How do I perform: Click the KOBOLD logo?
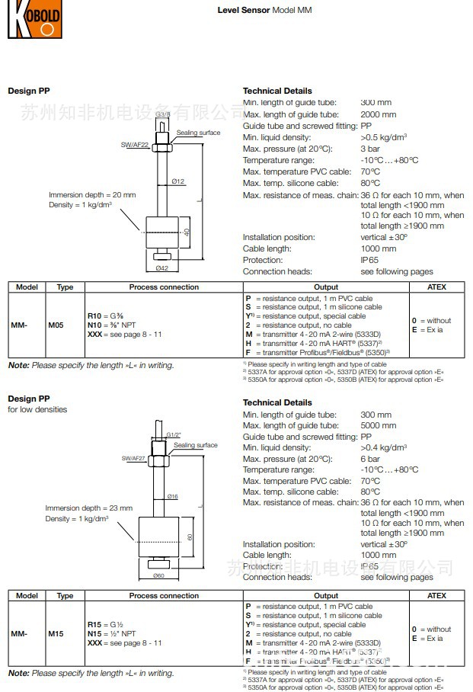point(34,20)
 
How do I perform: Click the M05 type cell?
point(56,325)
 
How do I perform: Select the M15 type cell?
point(56,633)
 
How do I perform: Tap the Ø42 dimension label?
point(161,268)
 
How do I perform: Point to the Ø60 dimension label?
point(158,575)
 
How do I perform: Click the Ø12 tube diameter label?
point(178,181)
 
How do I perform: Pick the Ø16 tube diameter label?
point(173,496)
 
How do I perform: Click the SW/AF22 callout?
point(136,144)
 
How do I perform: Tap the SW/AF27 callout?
point(135,459)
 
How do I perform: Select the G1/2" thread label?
point(174,434)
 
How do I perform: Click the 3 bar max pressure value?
point(370,149)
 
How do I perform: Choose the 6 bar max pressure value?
point(370,460)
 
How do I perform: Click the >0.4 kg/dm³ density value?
point(383,448)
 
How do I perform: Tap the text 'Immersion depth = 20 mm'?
point(92,195)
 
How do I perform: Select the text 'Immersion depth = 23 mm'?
point(88,508)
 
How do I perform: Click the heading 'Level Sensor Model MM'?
point(264,11)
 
